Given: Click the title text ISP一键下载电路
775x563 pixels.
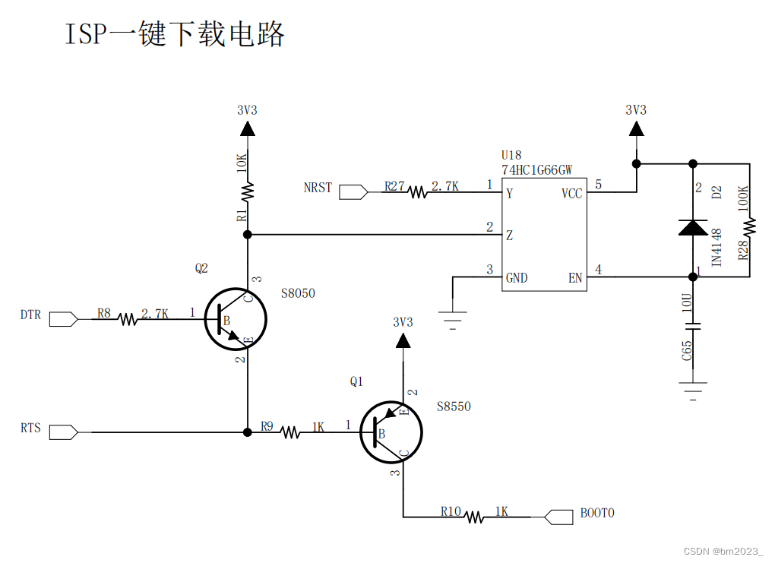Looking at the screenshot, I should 175,34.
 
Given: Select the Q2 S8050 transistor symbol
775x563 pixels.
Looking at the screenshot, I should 236,319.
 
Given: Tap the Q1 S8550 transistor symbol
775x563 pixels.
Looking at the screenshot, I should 391,432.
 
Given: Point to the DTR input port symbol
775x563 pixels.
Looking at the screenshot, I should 63,319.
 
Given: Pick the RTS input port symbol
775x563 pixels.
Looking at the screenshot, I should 63,432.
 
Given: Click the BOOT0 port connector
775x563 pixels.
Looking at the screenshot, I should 558,517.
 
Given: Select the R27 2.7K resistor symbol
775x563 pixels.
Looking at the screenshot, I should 419,192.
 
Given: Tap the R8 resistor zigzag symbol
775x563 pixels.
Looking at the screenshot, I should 128,320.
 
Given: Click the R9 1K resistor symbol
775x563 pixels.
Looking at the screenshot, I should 289,432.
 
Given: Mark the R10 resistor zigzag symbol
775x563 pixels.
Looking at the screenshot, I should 474,517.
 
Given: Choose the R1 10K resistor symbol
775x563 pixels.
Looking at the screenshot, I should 248,191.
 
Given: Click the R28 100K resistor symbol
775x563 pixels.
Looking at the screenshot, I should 749,226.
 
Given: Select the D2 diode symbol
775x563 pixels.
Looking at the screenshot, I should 692,226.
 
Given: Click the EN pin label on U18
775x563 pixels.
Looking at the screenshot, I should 575,278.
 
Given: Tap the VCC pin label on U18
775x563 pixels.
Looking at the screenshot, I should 571,194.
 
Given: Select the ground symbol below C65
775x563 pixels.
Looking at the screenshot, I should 692,394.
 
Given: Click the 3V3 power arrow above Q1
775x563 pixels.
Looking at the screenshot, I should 403,340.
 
